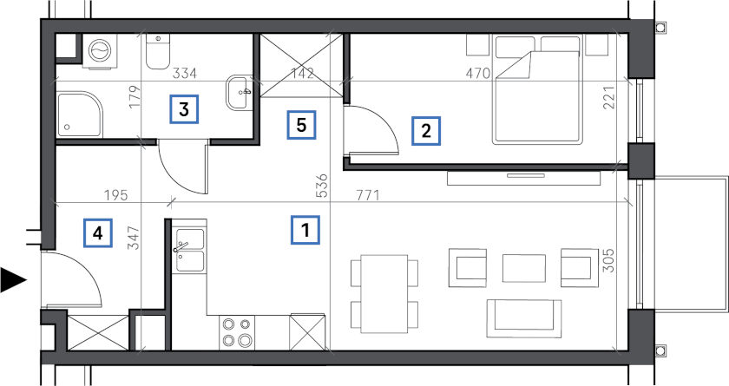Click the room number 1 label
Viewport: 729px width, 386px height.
305,230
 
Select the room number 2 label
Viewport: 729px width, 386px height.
426,131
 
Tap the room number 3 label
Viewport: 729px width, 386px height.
184,109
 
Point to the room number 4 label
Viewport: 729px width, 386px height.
97,232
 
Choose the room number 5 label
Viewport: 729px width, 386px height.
301,125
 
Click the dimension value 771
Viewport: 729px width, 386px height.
368,195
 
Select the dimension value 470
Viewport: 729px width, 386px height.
478,73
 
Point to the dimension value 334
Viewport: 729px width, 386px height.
185,73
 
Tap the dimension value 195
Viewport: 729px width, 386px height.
115,195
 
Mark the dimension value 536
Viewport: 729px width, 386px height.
322,186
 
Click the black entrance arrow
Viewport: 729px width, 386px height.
13,280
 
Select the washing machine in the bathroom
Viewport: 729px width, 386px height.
100,50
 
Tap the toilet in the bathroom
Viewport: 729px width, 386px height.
158,51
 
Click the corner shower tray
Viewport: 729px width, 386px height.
79,114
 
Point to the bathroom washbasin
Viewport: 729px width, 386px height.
240,93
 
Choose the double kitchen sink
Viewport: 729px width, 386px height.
189,250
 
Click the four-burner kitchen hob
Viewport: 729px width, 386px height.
237,332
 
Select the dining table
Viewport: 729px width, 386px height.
384,293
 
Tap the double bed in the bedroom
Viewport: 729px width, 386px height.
538,89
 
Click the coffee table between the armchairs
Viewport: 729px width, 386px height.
524,268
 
